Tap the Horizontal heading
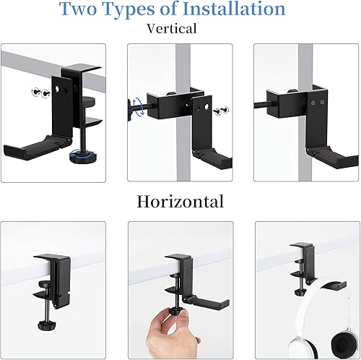[x=180, y=201]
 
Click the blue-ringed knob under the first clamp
[x=75, y=154]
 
